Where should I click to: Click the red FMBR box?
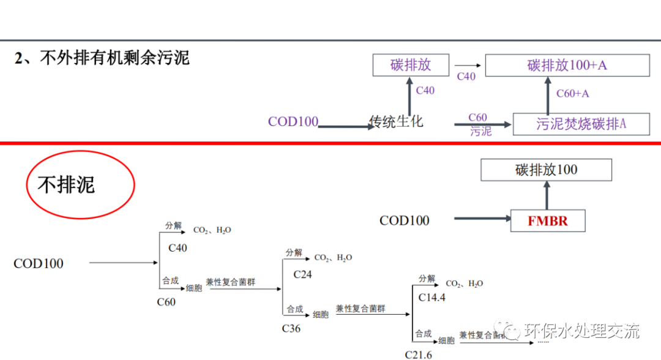tap(548, 221)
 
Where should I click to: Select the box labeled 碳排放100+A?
tap(567, 66)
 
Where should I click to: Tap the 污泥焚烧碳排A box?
tap(581, 124)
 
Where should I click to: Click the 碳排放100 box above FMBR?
tap(546, 170)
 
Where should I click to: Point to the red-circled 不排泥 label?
tap(67, 184)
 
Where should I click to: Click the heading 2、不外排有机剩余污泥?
tap(102, 58)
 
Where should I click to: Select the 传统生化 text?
tap(397, 121)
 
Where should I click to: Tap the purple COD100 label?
tap(293, 121)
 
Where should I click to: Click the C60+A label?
tap(572, 94)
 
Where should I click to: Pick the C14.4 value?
tap(431, 298)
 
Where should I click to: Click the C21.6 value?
tap(418, 354)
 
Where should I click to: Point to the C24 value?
tap(302, 274)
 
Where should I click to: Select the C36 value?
tap(291, 328)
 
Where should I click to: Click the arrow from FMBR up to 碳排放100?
tap(547, 196)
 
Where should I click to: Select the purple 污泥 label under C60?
tap(480, 132)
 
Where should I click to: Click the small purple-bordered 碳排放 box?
tap(411, 66)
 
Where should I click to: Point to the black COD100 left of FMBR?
tap(405, 220)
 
